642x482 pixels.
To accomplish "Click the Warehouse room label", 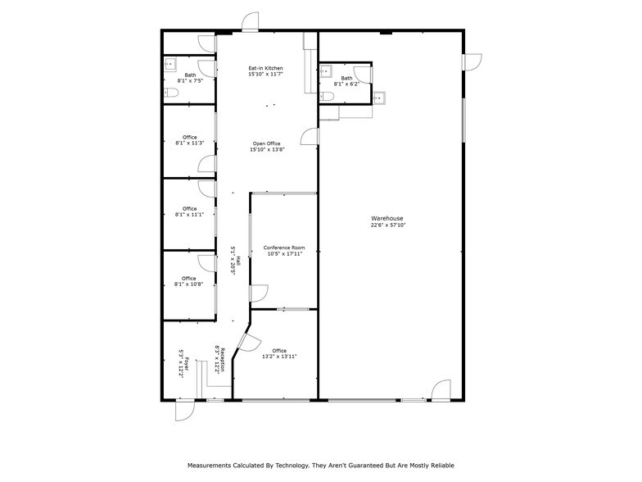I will [x=388, y=218].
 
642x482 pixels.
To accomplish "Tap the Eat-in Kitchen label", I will [x=266, y=68].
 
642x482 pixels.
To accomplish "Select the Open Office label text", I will [x=266, y=143].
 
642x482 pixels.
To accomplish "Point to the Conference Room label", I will [x=284, y=248].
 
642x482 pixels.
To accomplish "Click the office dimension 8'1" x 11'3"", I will [x=189, y=143].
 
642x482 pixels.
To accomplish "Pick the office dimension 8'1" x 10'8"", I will [x=189, y=284].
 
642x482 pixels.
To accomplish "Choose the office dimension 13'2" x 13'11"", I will [x=279, y=357].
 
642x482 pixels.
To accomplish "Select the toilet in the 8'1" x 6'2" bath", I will [x=327, y=96].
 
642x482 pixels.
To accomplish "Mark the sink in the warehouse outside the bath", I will [x=378, y=98].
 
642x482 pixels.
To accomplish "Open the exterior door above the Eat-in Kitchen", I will [x=250, y=22].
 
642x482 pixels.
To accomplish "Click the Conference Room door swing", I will [x=258, y=292].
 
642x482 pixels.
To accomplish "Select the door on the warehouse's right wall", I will [x=471, y=62].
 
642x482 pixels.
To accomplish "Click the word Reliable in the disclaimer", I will [x=441, y=465].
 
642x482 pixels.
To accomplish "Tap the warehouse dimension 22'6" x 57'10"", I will [x=388, y=225].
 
